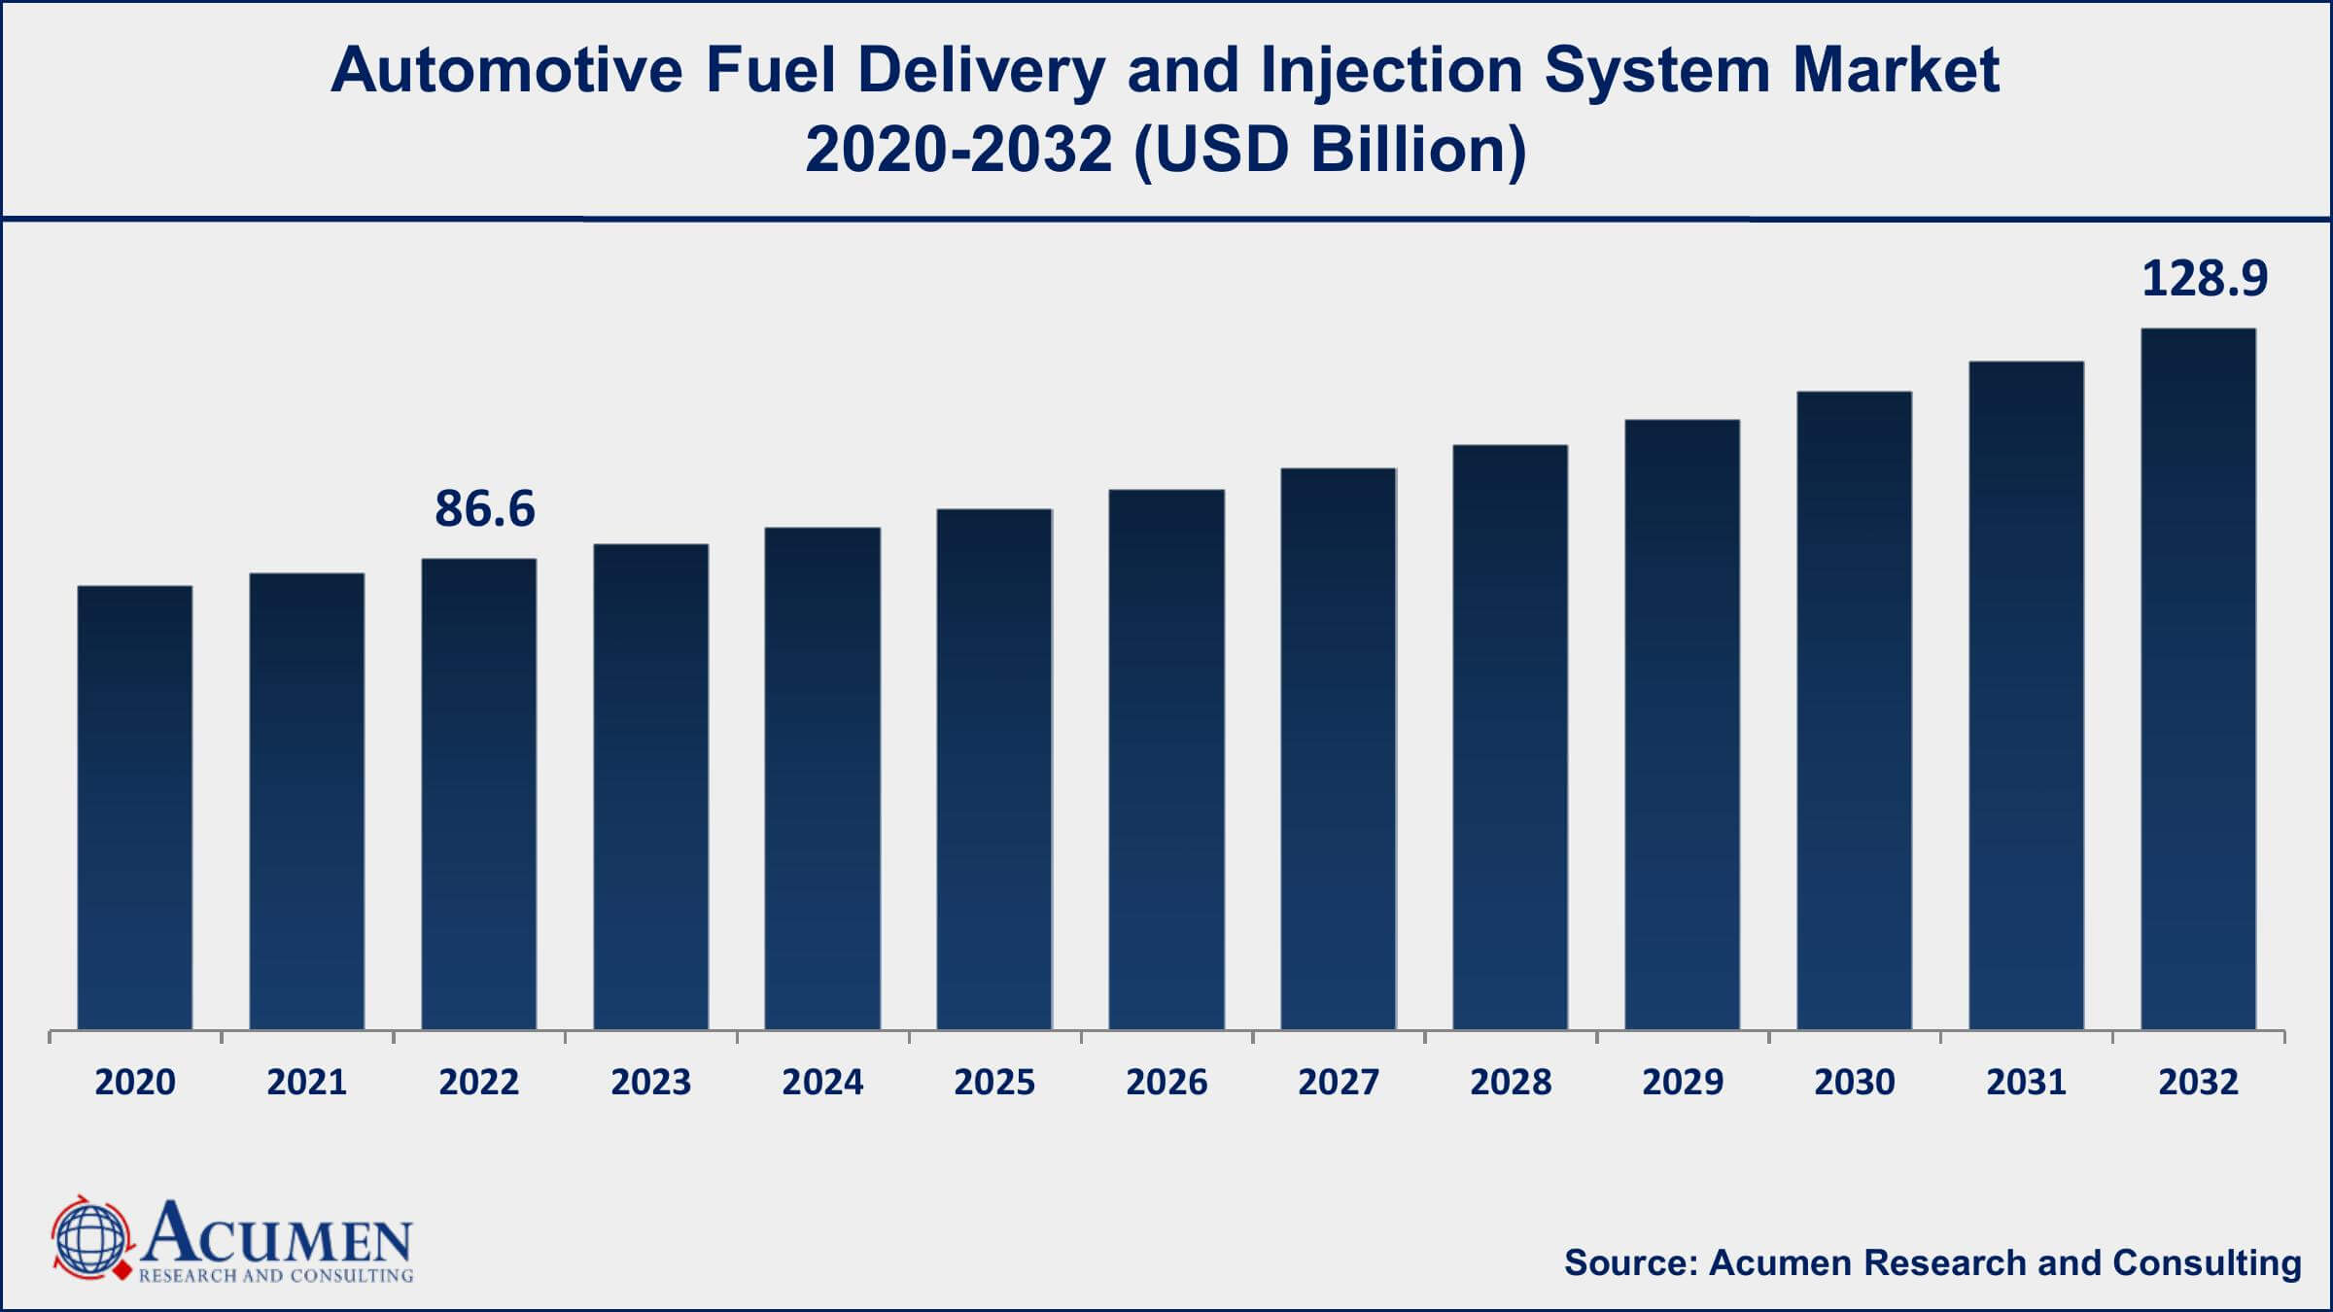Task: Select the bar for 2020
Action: (x=135, y=807)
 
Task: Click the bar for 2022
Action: (x=479, y=793)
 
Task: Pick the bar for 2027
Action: (x=1339, y=748)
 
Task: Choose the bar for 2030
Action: (x=1854, y=709)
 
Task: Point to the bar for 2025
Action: (x=994, y=768)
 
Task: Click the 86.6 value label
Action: (x=484, y=509)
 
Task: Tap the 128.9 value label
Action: (x=2204, y=279)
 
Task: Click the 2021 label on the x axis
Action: (x=307, y=1083)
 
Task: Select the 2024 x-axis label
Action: (x=822, y=1083)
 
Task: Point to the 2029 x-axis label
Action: (x=1682, y=1083)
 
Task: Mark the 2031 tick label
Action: (x=2026, y=1083)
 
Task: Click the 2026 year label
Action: (x=1166, y=1083)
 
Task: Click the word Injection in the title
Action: (x=1391, y=71)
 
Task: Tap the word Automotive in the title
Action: (x=505, y=71)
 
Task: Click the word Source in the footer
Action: (x=1628, y=1262)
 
